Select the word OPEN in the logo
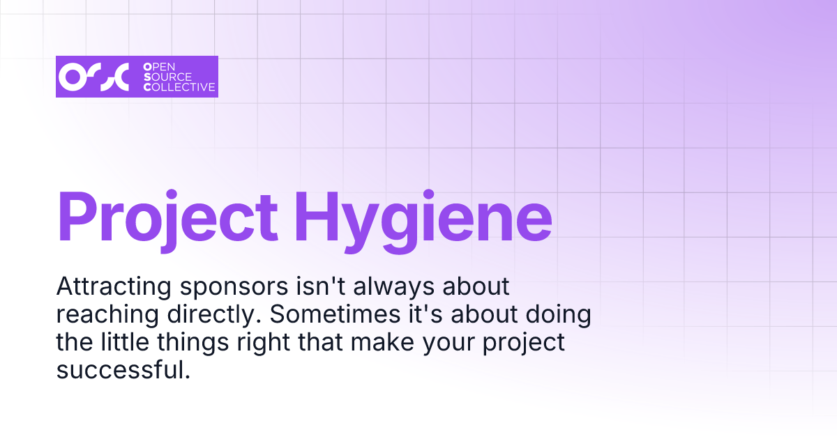pos(160,66)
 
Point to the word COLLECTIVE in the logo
pos(179,88)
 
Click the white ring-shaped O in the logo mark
pos(72,77)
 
